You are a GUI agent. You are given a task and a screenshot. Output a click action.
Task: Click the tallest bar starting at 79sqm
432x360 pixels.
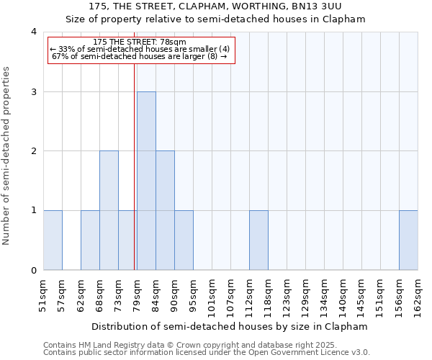146,181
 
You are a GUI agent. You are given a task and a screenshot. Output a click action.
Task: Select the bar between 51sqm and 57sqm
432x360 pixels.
53,240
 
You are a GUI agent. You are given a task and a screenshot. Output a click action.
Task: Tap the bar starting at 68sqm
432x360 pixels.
109,210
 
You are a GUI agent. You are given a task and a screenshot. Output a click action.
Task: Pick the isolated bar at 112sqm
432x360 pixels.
258,240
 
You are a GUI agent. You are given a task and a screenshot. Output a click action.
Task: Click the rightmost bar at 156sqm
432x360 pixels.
408,240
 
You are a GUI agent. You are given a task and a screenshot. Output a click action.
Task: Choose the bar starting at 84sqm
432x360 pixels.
165,210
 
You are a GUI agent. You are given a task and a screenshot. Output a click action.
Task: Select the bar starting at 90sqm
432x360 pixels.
184,240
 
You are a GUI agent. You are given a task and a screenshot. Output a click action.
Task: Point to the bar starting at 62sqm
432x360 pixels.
90,240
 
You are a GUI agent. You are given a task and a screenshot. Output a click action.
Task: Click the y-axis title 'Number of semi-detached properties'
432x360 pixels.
7,156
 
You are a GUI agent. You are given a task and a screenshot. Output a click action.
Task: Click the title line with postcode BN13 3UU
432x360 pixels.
215,6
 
